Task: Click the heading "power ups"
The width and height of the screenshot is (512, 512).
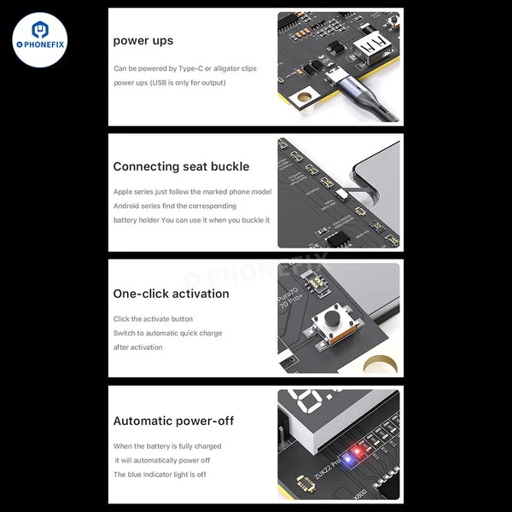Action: pyautogui.click(x=143, y=41)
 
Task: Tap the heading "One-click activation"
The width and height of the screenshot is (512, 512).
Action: pyautogui.click(x=171, y=294)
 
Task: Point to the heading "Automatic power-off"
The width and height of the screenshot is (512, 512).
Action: pyautogui.click(x=173, y=421)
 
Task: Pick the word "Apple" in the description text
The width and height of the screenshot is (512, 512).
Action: pyautogui.click(x=123, y=192)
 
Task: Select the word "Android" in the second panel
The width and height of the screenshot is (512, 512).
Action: pyautogui.click(x=126, y=206)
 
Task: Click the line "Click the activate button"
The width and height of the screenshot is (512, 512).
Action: pyautogui.click(x=153, y=319)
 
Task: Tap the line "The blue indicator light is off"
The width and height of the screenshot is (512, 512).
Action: pyautogui.click(x=160, y=474)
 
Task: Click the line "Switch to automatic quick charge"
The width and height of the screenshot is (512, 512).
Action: pyautogui.click(x=167, y=333)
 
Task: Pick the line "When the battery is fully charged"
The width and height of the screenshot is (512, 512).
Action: pyautogui.click(x=167, y=446)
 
